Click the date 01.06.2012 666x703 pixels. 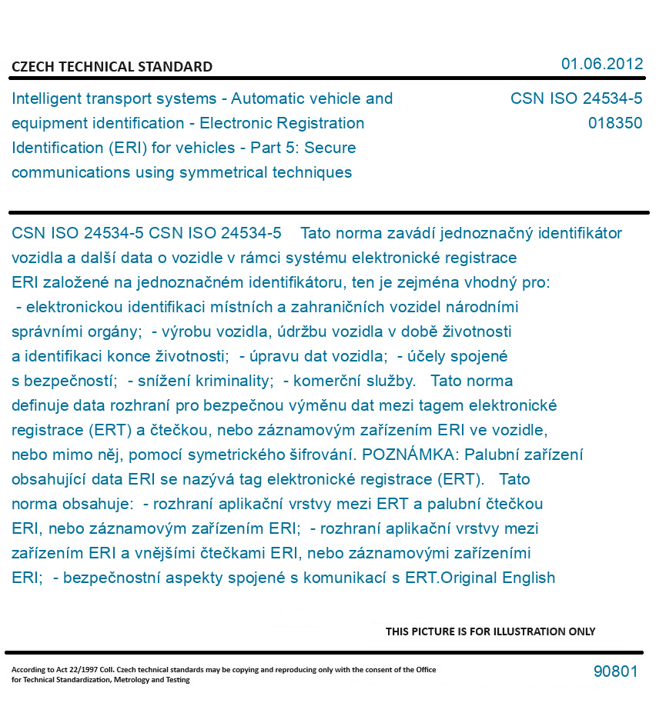click(601, 64)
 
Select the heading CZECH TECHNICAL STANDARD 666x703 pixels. click(112, 67)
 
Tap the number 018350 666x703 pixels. click(614, 123)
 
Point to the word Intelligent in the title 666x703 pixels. click(49, 98)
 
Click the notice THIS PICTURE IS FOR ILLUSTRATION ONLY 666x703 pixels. click(490, 631)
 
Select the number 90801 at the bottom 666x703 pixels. click(615, 671)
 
